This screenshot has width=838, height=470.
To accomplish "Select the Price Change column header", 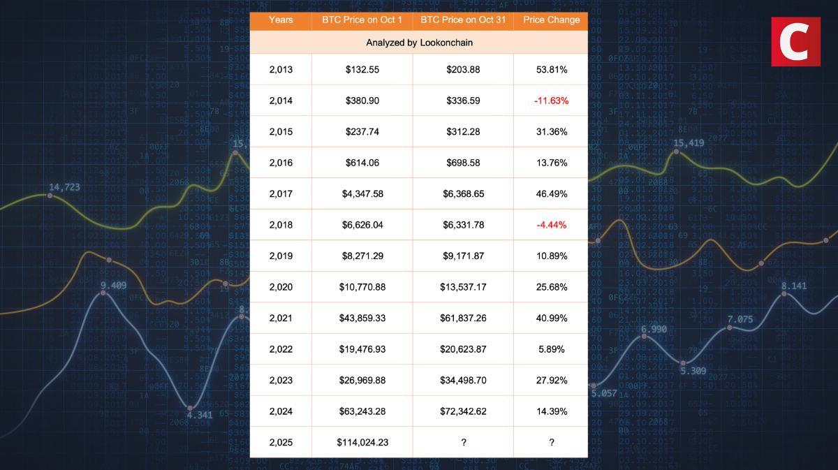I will (x=551, y=20).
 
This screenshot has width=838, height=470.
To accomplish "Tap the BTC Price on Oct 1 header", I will (x=362, y=20).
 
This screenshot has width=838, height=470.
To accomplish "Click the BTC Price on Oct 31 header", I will (x=463, y=20).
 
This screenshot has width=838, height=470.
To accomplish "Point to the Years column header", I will (x=281, y=20).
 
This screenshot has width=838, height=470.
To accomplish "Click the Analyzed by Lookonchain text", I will (x=419, y=43).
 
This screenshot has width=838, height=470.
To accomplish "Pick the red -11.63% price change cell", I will (x=551, y=101).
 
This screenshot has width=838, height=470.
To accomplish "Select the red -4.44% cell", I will (x=551, y=225).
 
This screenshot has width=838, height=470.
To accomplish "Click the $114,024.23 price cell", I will (x=362, y=442).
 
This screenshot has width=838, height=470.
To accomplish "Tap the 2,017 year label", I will (x=281, y=193).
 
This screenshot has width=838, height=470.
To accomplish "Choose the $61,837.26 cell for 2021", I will (x=463, y=318).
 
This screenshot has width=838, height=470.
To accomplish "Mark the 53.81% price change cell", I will (x=551, y=70).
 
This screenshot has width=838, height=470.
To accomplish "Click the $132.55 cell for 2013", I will (x=362, y=70).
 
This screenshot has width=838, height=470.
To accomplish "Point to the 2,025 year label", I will (x=281, y=442).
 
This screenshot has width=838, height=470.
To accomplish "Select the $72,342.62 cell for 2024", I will (x=463, y=411).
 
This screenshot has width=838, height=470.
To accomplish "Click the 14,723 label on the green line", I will (x=64, y=186).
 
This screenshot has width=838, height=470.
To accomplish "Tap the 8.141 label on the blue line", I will (x=794, y=286).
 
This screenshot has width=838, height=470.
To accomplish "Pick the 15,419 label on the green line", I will (x=688, y=143).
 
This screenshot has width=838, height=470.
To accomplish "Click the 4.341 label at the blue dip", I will (x=200, y=415).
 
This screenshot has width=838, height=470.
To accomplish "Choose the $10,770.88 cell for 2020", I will (x=362, y=287).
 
